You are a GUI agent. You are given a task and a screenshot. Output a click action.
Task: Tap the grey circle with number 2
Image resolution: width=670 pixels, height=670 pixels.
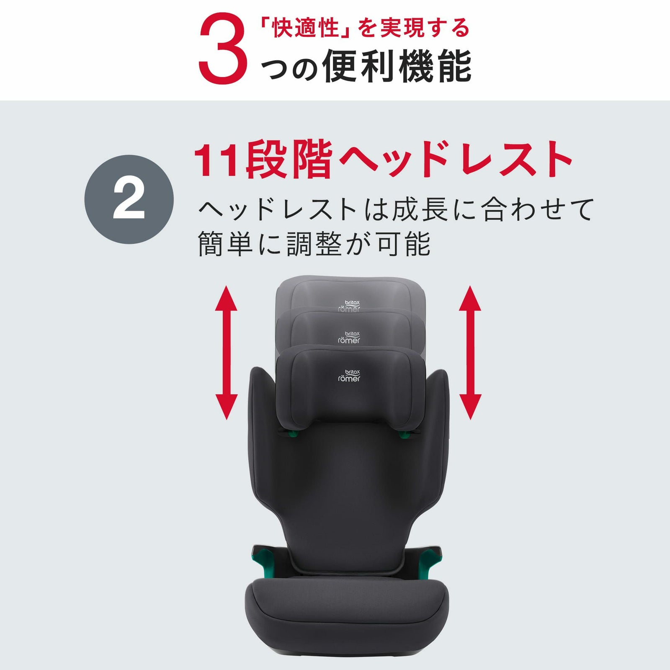click(129, 199)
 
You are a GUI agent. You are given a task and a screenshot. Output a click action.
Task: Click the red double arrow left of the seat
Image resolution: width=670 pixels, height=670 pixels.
click(226, 353)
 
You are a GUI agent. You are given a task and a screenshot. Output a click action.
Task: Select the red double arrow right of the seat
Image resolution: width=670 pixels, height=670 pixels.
click(470, 353)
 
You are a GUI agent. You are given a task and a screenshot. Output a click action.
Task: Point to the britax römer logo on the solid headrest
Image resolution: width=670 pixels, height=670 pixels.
click(349, 376)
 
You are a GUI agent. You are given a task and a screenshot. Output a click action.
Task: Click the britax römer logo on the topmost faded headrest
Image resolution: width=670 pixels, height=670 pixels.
click(349, 306)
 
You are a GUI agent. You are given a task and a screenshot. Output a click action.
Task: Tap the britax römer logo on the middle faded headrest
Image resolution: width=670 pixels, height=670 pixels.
click(349, 338)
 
